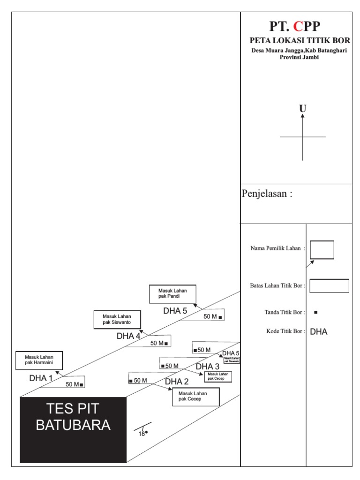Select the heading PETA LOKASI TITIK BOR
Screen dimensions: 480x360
pos(300,41)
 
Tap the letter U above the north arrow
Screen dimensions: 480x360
pos(303,109)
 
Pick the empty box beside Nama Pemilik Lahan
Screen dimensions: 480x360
pos(322,249)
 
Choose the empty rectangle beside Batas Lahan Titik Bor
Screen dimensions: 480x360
pos(329,285)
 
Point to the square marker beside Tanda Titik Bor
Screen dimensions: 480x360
pos(315,312)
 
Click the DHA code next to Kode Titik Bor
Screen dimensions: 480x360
pos(319,332)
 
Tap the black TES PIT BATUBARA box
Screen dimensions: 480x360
pos(73,429)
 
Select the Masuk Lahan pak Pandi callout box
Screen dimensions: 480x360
pos(172,294)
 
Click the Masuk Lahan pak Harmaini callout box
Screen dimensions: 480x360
pos(39,360)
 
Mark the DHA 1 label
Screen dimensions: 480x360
pos(41,378)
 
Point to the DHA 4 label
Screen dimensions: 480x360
pos(128,336)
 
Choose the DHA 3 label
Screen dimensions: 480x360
pos(207,366)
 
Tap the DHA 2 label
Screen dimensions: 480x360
pos(177,382)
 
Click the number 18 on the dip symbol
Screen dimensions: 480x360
pos(142,434)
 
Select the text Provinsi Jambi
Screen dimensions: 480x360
pos(299,57)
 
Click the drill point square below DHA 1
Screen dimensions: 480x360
pos(82,385)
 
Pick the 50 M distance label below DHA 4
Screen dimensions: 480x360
pos(157,343)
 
